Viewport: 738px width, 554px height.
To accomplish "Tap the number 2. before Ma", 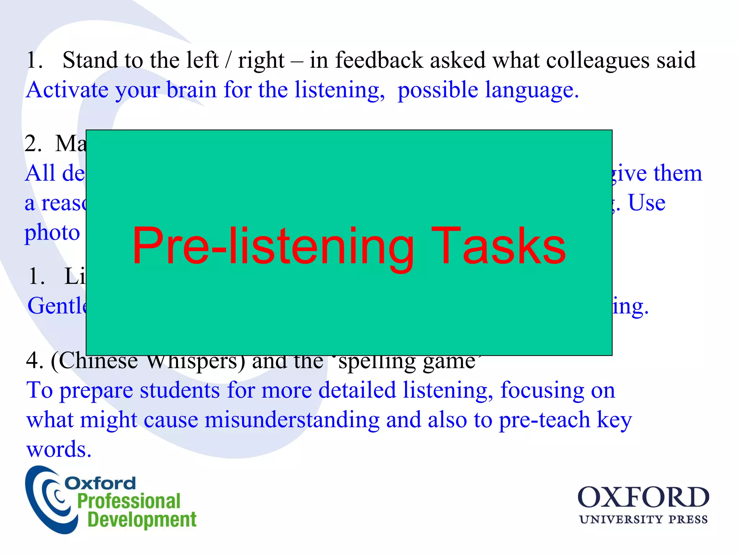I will (x=33, y=144).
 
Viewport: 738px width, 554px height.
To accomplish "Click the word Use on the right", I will (x=646, y=203).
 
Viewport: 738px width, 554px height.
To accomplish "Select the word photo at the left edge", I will (x=52, y=233).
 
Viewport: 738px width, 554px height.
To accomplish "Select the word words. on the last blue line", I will (x=59, y=449).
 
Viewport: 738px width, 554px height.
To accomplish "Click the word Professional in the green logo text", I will (x=129, y=501).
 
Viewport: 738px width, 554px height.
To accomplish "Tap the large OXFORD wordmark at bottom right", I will (x=643, y=498).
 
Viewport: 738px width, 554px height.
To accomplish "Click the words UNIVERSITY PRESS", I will (x=643, y=520).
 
